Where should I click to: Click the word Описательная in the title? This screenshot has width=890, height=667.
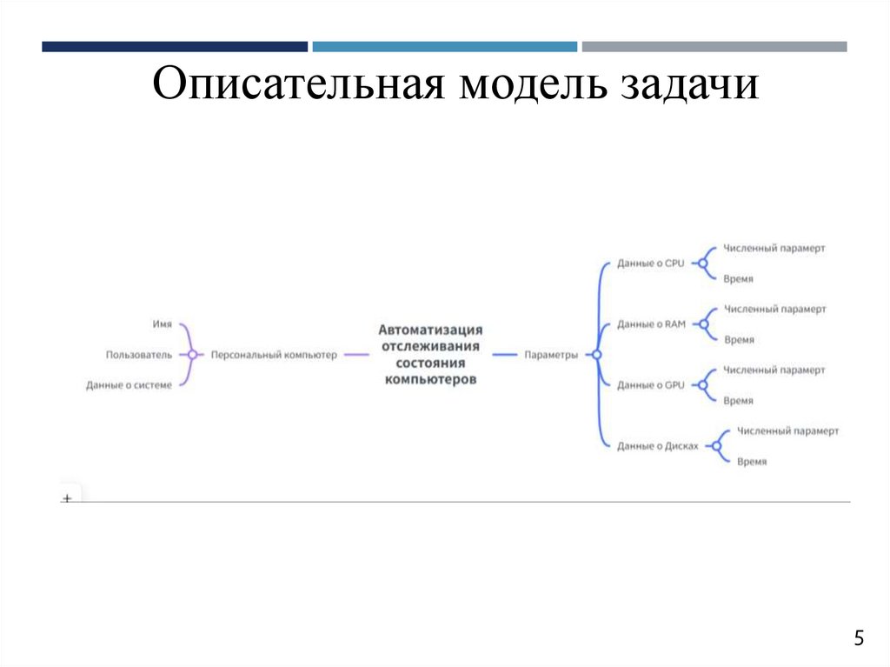[x=298, y=88]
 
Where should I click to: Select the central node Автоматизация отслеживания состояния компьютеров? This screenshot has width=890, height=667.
[x=430, y=355]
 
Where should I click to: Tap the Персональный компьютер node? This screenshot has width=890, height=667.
[x=274, y=355]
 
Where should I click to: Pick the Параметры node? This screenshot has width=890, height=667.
[x=551, y=355]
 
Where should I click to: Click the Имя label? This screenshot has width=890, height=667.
[x=163, y=323]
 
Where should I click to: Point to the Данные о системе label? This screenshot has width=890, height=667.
[x=129, y=385]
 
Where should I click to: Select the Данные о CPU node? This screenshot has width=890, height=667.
[x=651, y=263]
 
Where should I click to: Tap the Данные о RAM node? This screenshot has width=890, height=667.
[x=652, y=324]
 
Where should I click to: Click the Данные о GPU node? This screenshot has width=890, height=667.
[x=652, y=385]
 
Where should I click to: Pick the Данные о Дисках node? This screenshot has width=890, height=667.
[x=658, y=446]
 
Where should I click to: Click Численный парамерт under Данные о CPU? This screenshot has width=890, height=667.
[x=774, y=248]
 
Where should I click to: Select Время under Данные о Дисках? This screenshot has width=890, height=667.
[x=752, y=462]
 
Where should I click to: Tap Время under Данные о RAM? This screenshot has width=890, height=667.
[x=739, y=340]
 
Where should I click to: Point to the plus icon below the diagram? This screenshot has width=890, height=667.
[x=67, y=499]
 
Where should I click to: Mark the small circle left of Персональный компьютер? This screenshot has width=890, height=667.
[x=192, y=355]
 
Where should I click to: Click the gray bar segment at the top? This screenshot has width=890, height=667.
[x=714, y=46]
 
